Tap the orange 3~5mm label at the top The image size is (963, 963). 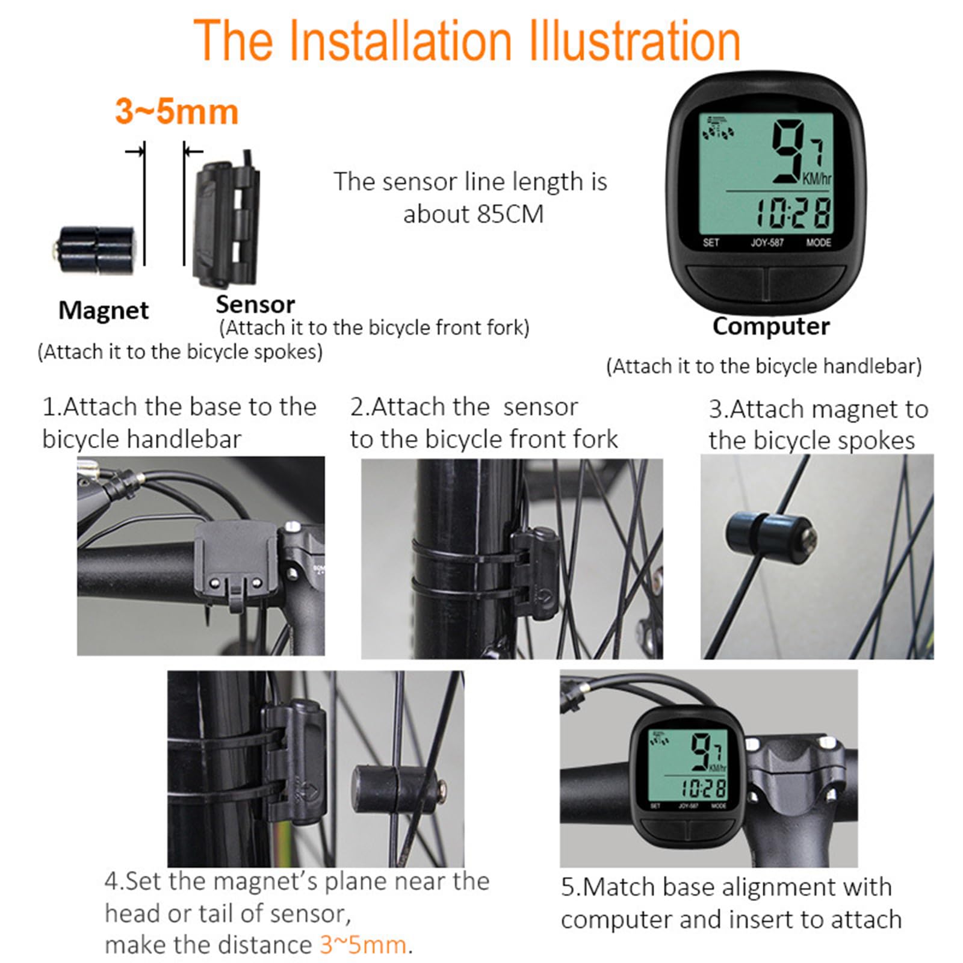point(176,112)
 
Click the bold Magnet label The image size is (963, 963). point(104,311)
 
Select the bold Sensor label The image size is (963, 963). point(255,305)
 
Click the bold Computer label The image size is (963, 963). point(770,326)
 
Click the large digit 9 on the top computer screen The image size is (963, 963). point(788,152)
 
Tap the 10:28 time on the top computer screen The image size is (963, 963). point(793,213)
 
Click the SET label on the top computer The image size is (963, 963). point(711,243)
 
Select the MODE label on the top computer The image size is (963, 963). point(818,243)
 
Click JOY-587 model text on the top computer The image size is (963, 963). point(767,243)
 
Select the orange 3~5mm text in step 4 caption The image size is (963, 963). point(362,944)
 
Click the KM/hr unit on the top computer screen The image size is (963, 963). point(817,179)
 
